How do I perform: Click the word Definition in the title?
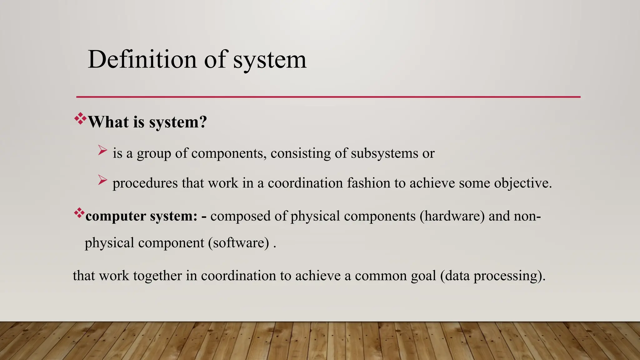click(142, 59)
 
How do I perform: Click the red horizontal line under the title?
click(328, 97)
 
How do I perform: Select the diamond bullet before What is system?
click(80, 119)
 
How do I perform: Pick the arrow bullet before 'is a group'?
click(102, 150)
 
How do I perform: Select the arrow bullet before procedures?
click(102, 180)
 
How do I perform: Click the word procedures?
click(145, 183)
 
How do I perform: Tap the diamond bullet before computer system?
click(79, 213)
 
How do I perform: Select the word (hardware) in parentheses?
click(452, 216)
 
